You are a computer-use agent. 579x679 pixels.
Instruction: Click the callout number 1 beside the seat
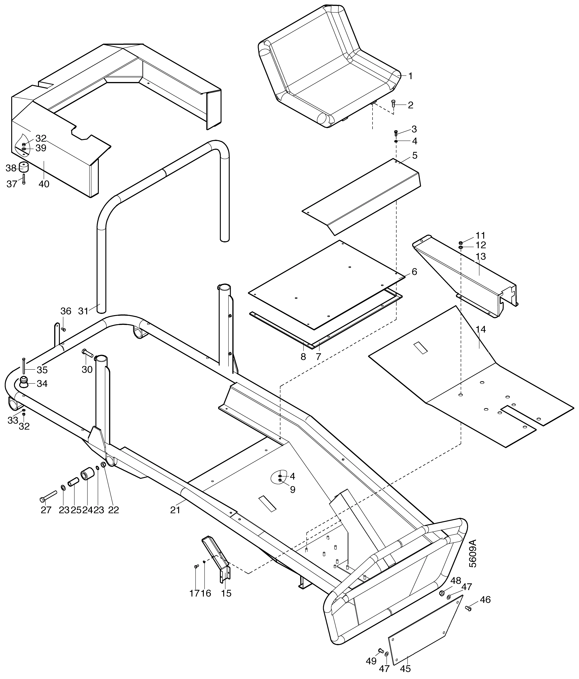[410, 76]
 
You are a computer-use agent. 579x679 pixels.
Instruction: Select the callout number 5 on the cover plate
[415, 155]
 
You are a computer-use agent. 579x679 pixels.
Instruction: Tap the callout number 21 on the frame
[175, 510]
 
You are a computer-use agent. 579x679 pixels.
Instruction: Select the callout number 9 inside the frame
[292, 490]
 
